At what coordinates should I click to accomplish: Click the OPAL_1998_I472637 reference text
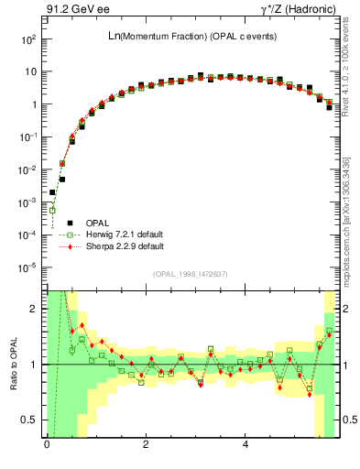[x=189, y=274]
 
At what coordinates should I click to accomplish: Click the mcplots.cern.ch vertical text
[x=346, y=220]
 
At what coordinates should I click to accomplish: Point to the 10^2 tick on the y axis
[x=28, y=39]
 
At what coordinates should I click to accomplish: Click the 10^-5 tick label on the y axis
[x=28, y=267]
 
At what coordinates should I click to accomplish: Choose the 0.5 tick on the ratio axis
[x=31, y=420]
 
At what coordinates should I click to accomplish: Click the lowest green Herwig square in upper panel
[x=53, y=210]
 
